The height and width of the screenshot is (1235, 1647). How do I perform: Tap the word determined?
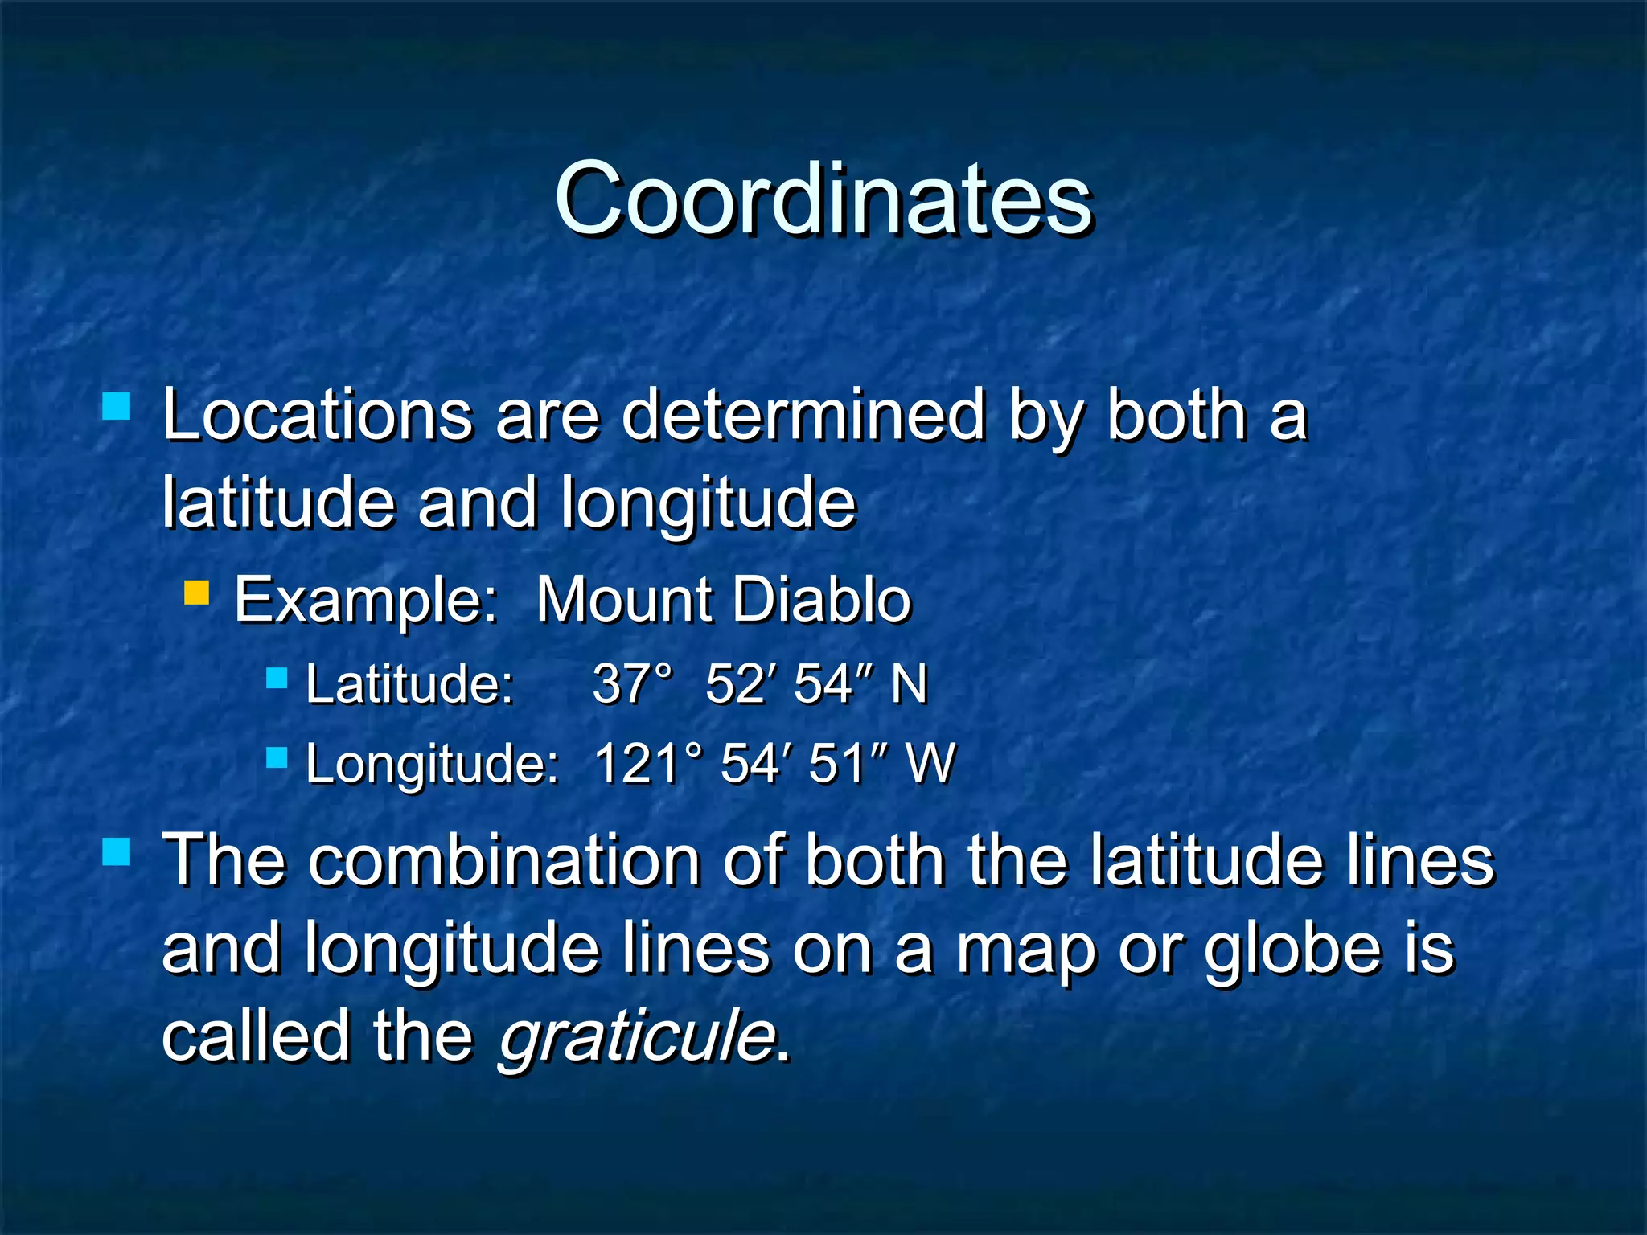(x=803, y=416)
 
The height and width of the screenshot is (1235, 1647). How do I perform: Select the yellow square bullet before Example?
(x=196, y=593)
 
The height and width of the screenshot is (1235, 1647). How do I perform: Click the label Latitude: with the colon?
(x=409, y=684)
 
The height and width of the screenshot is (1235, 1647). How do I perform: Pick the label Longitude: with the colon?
(x=432, y=763)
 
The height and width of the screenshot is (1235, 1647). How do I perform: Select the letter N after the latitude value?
(x=909, y=684)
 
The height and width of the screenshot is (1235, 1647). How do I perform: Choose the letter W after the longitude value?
(x=930, y=763)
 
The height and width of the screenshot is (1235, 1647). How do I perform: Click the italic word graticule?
(x=637, y=1037)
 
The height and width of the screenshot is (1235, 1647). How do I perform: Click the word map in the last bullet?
(x=1024, y=950)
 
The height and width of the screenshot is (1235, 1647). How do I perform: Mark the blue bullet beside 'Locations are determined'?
(x=117, y=406)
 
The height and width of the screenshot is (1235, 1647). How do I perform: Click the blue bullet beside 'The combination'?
(x=117, y=851)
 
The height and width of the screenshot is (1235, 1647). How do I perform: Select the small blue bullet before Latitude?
(x=277, y=679)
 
